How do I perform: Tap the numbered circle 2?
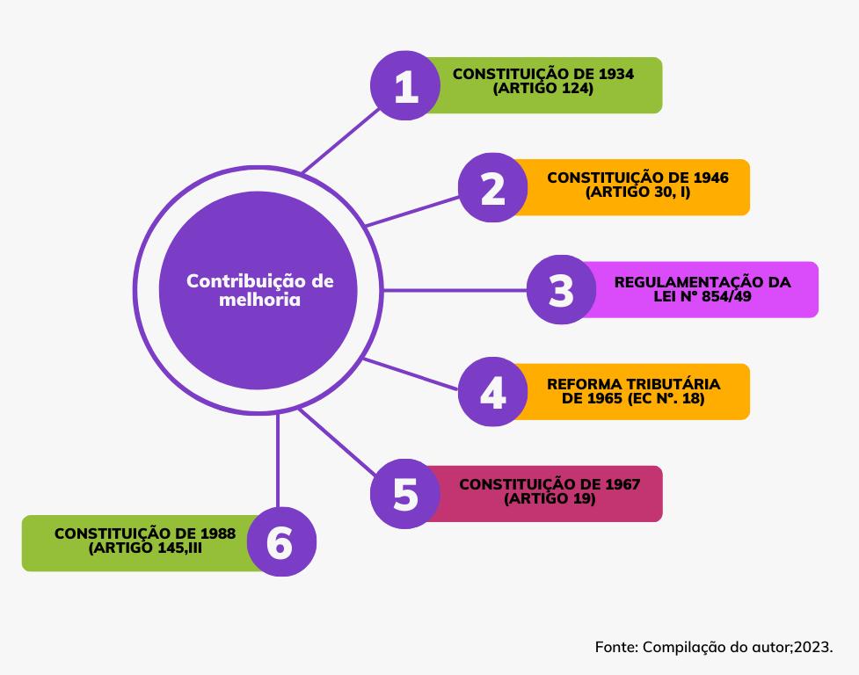[x=492, y=188]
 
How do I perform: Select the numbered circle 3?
[x=561, y=290]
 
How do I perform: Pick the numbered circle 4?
[x=492, y=392]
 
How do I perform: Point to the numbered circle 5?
[x=405, y=494]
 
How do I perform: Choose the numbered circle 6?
[x=279, y=542]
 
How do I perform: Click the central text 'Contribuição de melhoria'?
[x=259, y=290]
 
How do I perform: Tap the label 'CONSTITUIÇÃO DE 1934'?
[x=542, y=74]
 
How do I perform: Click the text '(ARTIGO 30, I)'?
[x=637, y=191]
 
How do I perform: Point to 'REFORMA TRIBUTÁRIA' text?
[x=633, y=384]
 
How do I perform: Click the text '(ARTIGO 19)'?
[x=550, y=498]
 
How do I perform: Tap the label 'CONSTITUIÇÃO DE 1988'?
[x=144, y=533]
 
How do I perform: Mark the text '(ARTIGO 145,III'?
[x=146, y=548]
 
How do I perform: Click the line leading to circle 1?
[x=338, y=141]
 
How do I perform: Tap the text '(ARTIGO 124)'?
[x=542, y=89]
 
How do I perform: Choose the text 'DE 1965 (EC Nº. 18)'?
[x=633, y=399]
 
